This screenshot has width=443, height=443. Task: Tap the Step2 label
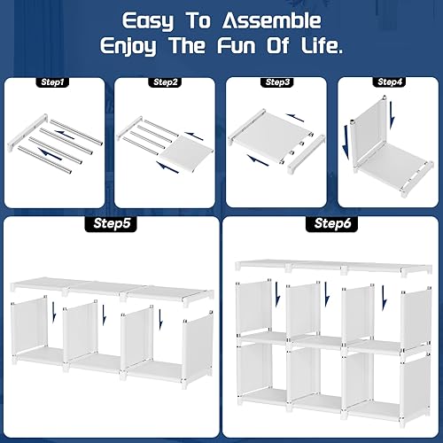(x=166, y=82)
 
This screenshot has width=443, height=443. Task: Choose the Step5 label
(x=113, y=224)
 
